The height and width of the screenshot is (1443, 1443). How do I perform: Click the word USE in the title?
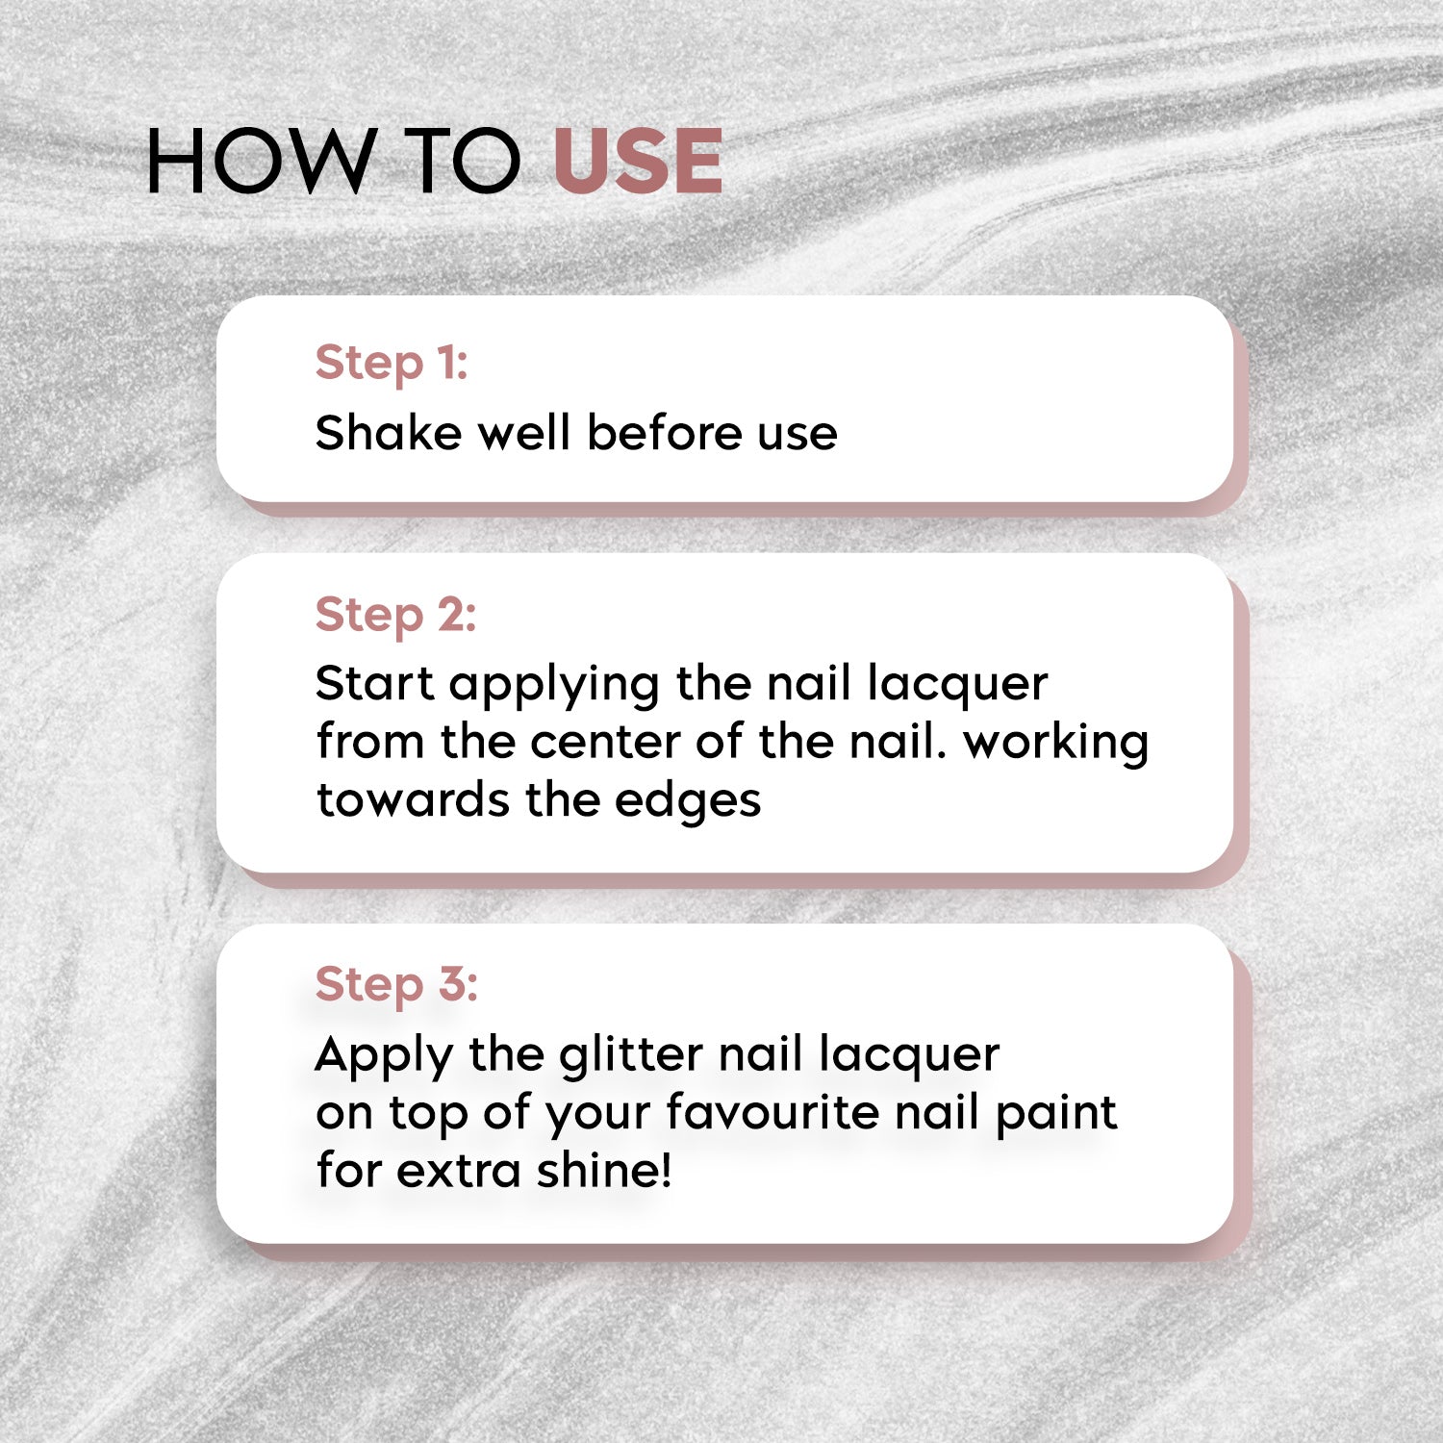[638, 162]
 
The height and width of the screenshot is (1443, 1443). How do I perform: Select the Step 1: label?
[392, 364]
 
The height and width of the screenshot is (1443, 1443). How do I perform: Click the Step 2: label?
[395, 616]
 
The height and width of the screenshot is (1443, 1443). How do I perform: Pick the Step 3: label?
[396, 985]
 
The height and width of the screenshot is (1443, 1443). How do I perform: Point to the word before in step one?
[664, 433]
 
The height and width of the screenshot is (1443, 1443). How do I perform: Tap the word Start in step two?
[374, 684]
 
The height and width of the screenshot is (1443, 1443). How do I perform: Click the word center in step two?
[603, 743]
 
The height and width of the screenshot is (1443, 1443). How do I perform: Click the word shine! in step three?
[604, 1171]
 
